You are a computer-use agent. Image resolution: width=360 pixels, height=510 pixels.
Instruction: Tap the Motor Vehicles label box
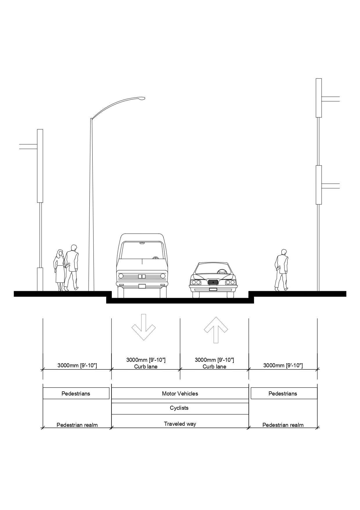[180, 393]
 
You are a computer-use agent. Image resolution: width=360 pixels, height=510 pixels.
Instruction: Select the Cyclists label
[179, 408]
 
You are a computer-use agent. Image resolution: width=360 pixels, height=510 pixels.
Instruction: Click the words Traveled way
[180, 424]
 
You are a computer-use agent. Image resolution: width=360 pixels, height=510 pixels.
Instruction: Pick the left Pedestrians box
[76, 393]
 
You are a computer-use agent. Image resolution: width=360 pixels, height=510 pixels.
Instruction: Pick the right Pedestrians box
[283, 393]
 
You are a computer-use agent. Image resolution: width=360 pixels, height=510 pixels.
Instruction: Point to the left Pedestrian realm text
[77, 425]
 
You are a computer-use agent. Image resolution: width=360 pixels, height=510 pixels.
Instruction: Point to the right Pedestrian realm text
[283, 425]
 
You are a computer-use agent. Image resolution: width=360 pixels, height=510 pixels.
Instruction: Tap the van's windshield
[142, 250]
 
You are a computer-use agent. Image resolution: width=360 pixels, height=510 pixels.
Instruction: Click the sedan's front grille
[213, 282]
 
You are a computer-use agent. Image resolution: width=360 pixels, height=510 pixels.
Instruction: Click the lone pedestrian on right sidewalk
[281, 270]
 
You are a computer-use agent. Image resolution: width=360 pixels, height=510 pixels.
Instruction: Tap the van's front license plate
[142, 286]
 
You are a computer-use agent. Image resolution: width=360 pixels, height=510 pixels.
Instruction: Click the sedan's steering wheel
[222, 272]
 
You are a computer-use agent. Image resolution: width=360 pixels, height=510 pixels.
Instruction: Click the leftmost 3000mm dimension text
[77, 365]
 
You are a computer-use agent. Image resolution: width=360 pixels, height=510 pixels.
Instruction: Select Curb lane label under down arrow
[146, 366]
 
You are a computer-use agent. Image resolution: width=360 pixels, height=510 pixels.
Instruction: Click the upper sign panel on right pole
[318, 98]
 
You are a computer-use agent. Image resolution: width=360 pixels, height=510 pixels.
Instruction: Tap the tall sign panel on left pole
[40, 166]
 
